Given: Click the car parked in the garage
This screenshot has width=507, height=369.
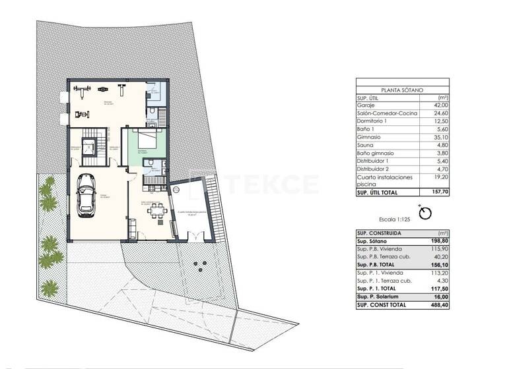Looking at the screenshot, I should point(86,194).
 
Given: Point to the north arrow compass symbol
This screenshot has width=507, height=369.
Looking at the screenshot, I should point(425,213).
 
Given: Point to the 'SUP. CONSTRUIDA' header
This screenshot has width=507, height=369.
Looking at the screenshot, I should point(376,233).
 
